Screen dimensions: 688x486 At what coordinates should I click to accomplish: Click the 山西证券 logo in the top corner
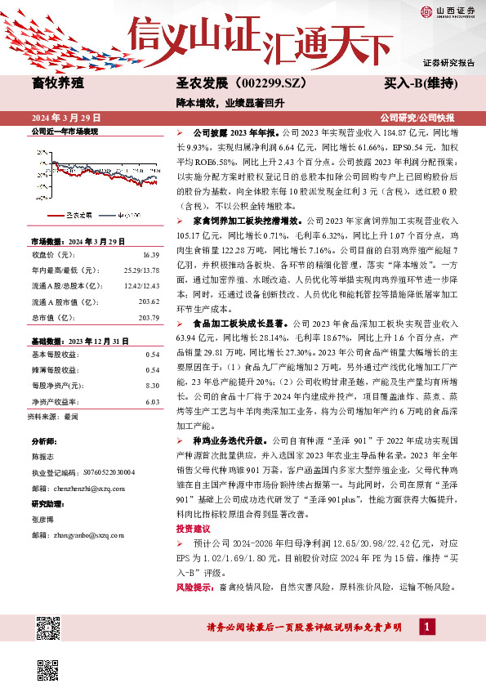446,11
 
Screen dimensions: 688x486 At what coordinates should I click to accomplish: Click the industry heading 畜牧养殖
56,83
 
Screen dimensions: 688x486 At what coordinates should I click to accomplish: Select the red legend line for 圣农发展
56,216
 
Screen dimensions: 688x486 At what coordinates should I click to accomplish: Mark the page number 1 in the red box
425,627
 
